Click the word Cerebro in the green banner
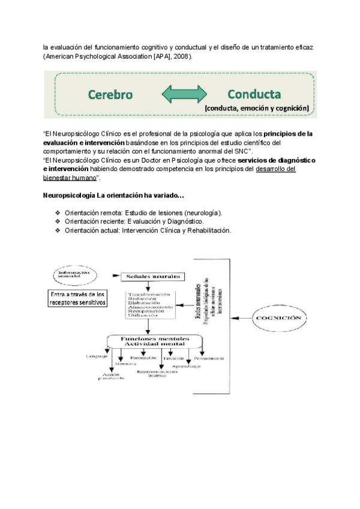pos(110,95)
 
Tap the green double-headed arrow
pos(184,95)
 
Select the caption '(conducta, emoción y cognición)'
pos(257,108)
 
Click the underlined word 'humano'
pos(82,178)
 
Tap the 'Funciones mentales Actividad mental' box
pos(155,341)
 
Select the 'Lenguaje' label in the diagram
pos(97,357)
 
